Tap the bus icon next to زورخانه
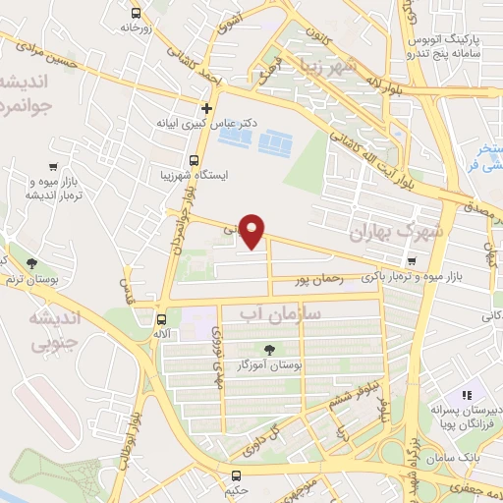point(135,13)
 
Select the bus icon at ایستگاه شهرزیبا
point(194,159)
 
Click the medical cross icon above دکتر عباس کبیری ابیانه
point(206,108)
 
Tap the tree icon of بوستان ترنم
point(32,262)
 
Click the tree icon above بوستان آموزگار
point(270,349)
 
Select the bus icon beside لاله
point(162,318)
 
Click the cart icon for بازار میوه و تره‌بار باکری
point(411,261)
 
